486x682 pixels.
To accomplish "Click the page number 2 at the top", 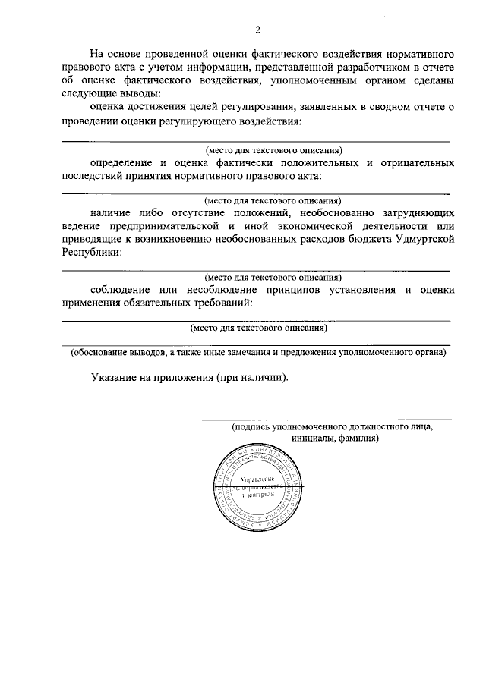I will click(x=257, y=30).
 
